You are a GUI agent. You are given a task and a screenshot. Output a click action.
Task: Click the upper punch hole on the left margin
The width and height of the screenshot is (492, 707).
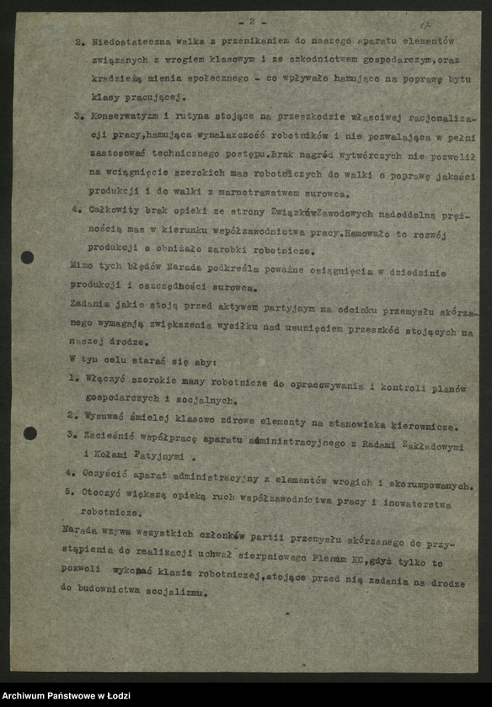point(28,257)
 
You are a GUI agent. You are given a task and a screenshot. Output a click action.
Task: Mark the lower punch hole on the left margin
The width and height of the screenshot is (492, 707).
point(30,433)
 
